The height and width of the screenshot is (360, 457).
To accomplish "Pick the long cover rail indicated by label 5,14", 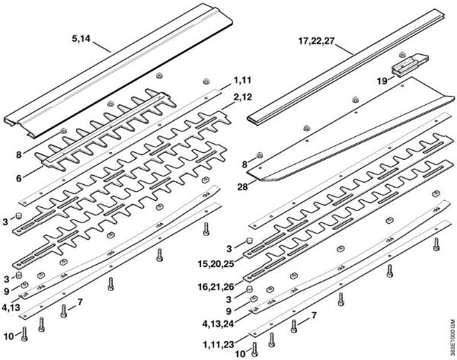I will (114, 76).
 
